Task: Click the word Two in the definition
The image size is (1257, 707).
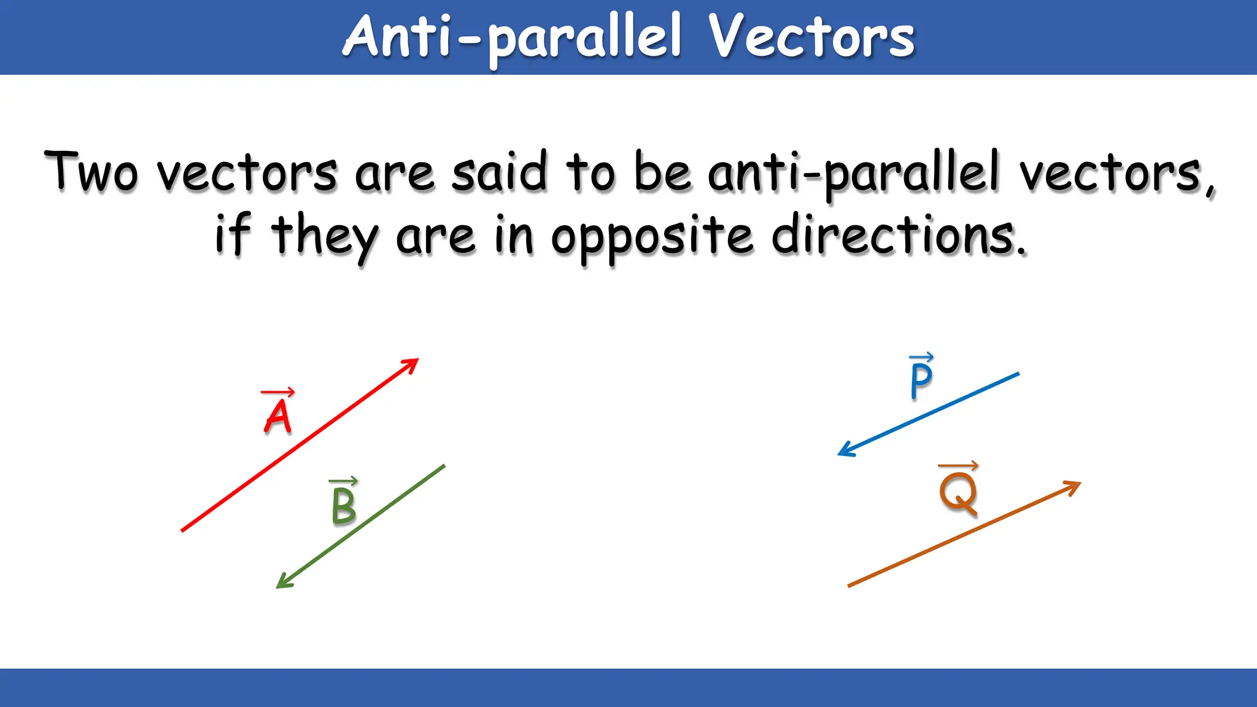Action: click(x=91, y=172)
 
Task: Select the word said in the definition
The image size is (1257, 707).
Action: click(x=499, y=172)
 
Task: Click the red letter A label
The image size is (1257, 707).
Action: click(x=278, y=417)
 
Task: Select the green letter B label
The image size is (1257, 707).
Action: click(x=344, y=506)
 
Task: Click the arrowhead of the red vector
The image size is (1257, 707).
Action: click(x=412, y=363)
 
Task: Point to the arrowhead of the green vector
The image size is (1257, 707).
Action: click(x=282, y=584)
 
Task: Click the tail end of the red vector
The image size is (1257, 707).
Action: click(x=183, y=530)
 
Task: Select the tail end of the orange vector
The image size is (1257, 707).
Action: click(x=849, y=585)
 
